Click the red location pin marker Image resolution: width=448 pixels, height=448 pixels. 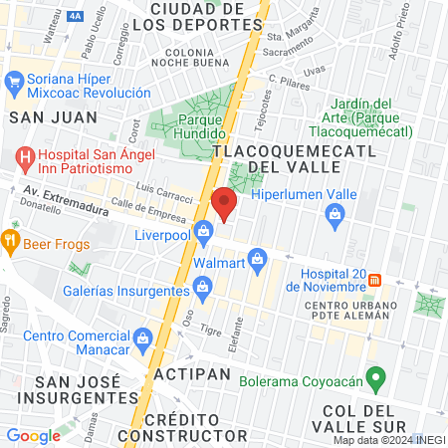(224, 202)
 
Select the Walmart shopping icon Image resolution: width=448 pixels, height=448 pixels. (257, 260)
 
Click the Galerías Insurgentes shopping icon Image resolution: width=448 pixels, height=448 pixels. (204, 289)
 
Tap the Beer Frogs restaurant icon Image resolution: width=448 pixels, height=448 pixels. (10, 240)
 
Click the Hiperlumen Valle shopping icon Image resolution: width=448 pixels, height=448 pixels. (336, 212)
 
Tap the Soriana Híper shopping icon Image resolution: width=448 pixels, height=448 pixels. (15, 81)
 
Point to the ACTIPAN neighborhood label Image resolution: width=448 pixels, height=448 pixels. (192, 374)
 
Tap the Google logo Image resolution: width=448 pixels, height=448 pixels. (34, 435)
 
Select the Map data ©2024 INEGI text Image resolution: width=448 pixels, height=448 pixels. (388, 440)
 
